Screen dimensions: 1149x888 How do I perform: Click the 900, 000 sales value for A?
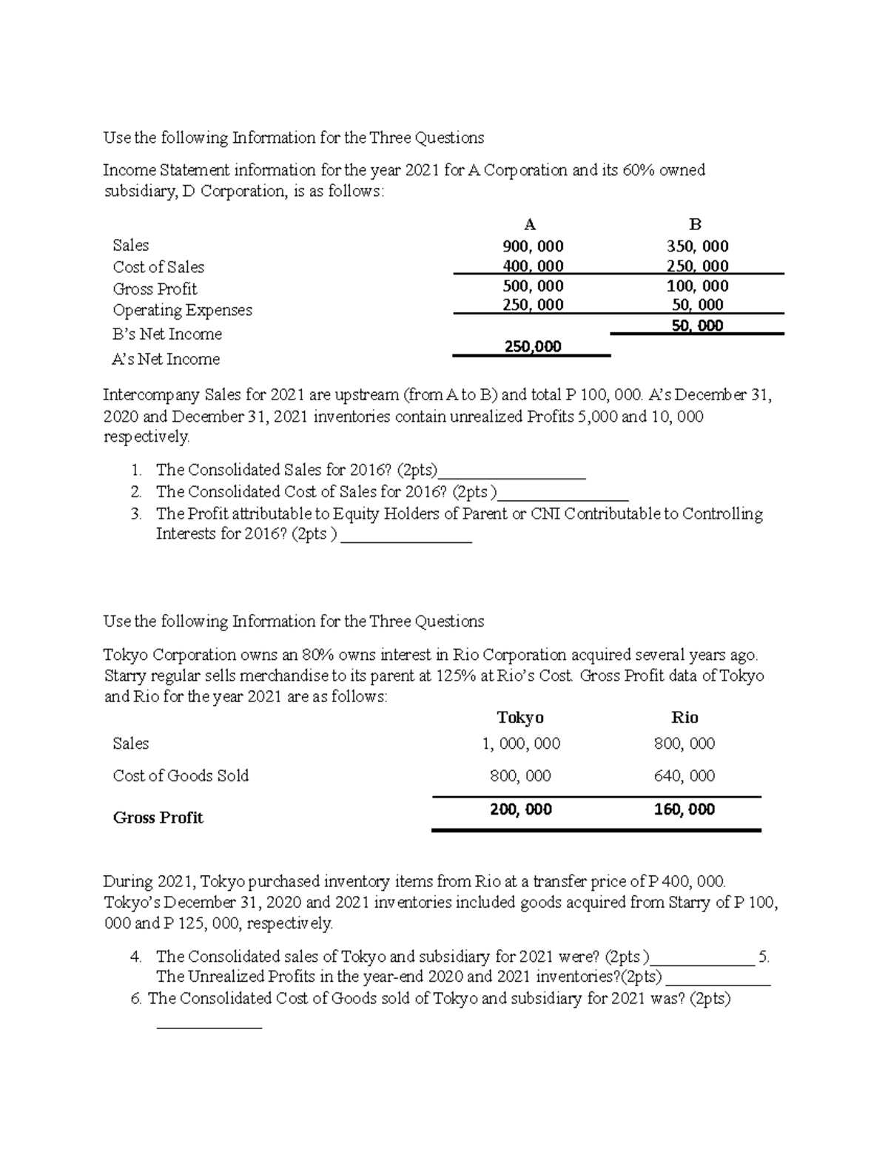[x=533, y=246]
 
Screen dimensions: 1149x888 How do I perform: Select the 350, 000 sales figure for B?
[x=697, y=246]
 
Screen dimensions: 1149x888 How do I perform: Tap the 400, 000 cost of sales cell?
[x=533, y=266]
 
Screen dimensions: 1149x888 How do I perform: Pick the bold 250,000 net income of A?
[x=533, y=346]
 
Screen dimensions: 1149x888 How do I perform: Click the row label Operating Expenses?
[x=182, y=310]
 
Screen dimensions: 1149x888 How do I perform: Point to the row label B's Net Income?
[x=166, y=334]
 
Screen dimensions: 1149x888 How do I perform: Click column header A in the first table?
[x=529, y=225]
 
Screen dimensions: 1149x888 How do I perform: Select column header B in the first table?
[x=695, y=225]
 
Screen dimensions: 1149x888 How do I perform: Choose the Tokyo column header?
[x=520, y=717]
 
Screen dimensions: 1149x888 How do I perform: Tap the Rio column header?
[x=684, y=717]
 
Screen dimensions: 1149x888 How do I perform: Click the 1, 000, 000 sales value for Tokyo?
[x=521, y=744]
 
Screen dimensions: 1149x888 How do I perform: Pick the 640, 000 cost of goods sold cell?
[x=684, y=776]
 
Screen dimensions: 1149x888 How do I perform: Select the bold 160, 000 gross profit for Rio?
[x=684, y=809]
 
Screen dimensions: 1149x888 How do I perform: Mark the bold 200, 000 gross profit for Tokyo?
[x=521, y=809]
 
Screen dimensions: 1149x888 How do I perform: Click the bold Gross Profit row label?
[x=158, y=818]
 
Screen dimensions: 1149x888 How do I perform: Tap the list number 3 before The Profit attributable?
[x=135, y=513]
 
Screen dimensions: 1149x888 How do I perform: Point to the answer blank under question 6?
[x=209, y=1025]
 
